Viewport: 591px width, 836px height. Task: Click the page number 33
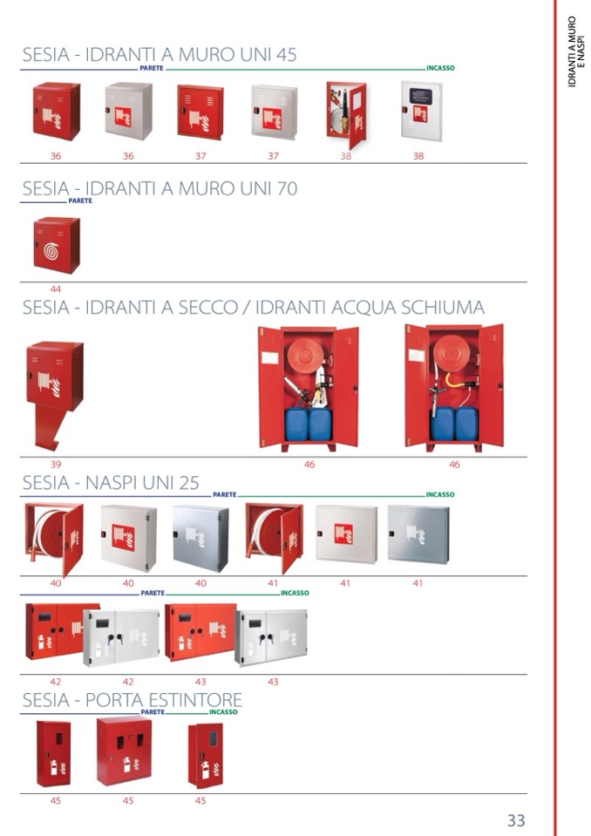click(516, 820)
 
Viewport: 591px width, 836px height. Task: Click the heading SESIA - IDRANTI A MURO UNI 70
click(160, 189)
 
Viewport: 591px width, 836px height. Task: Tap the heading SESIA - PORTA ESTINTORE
click(132, 700)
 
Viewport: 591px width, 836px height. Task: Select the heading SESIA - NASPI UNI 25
click(111, 483)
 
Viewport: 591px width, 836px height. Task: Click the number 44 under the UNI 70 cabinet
click(56, 289)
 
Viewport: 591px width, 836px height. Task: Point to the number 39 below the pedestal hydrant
click(56, 465)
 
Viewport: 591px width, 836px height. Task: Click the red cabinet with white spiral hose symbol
click(57, 245)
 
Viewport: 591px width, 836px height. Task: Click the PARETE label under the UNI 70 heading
click(80, 201)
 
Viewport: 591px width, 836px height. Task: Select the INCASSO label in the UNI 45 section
click(440, 68)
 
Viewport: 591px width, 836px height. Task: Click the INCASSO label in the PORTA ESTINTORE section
click(223, 712)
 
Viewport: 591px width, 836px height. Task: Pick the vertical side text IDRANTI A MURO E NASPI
click(576, 51)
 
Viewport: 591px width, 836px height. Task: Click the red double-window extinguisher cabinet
click(124, 751)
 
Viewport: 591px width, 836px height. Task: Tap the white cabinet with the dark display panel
click(422, 111)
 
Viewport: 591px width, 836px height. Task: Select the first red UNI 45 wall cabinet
click(57, 111)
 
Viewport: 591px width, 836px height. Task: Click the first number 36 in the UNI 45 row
click(56, 156)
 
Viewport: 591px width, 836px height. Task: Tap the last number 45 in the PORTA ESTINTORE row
click(200, 801)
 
